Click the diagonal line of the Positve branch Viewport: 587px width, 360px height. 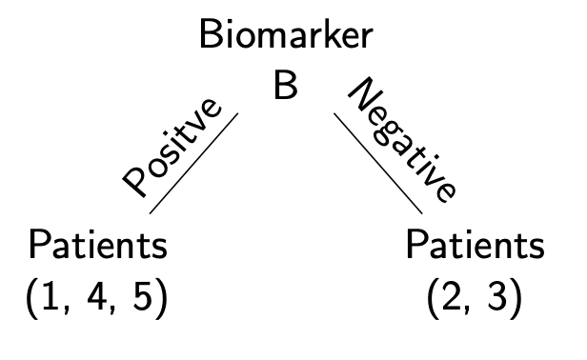point(194,161)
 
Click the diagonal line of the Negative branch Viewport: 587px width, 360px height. point(377,162)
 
